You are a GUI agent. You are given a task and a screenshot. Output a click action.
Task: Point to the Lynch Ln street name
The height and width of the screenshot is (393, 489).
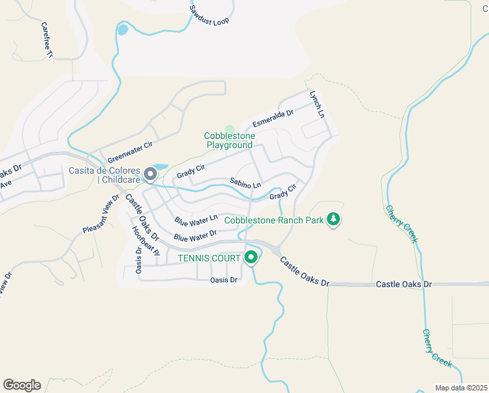pyautogui.click(x=317, y=104)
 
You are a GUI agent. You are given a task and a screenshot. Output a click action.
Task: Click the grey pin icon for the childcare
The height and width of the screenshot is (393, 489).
pyautogui.click(x=150, y=174)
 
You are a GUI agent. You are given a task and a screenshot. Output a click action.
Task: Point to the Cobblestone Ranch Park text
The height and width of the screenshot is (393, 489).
pyautogui.click(x=274, y=220)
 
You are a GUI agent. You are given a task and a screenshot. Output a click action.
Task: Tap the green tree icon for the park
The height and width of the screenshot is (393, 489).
pyautogui.click(x=334, y=219)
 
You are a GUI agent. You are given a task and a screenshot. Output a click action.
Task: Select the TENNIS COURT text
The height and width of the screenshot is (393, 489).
pyautogui.click(x=209, y=259)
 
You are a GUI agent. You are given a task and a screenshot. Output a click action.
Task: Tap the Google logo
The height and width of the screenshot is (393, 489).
pyautogui.click(x=22, y=384)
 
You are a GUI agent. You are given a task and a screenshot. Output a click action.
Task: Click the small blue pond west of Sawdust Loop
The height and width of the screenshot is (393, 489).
pyautogui.click(x=122, y=29)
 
